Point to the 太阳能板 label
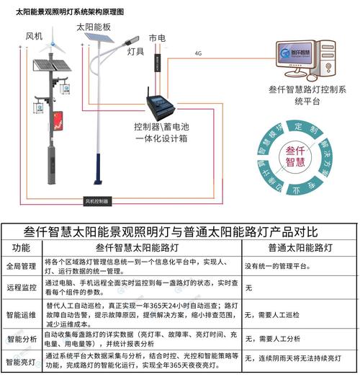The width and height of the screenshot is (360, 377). click(x=93, y=27)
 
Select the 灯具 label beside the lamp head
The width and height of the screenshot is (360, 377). click(x=135, y=52)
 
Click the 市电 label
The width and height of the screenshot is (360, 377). click(x=157, y=37)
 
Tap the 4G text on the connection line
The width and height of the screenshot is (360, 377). click(x=198, y=53)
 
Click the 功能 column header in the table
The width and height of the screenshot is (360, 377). click(x=22, y=248)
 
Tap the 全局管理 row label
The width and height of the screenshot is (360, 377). click(x=22, y=266)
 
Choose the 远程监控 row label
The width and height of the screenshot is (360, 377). click(x=22, y=286)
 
